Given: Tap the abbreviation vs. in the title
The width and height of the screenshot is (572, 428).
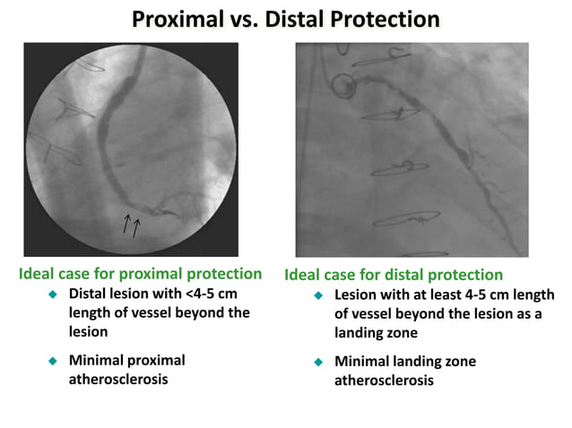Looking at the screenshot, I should tap(243, 19).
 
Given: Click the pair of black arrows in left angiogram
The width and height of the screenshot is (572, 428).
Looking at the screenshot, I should tap(131, 225).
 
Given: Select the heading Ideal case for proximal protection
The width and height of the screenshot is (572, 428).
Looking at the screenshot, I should tap(140, 274).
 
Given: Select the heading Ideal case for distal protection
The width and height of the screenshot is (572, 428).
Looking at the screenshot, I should tap(394, 275).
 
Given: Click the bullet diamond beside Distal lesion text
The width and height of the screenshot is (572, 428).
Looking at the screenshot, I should tap(52, 295).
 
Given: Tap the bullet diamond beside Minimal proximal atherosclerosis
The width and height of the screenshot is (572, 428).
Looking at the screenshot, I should tap(52, 361).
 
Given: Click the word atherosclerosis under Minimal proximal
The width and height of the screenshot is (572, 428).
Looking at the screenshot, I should tap(118, 379).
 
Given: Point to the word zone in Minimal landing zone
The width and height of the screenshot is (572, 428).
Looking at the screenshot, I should tap(457, 362).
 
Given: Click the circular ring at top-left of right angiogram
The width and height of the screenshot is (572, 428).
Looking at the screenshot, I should tap(342, 86).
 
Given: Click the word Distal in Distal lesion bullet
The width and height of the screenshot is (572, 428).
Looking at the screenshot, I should tap(88, 294).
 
